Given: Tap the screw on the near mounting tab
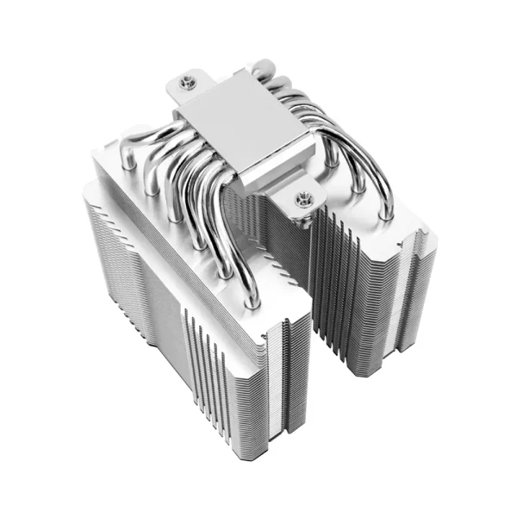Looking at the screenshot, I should [302, 200].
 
